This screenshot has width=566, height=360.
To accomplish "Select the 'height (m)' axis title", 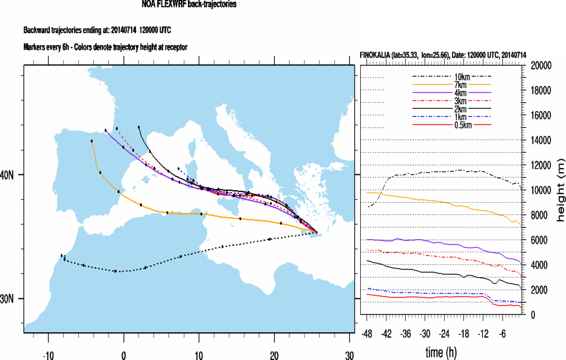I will pos(560,190).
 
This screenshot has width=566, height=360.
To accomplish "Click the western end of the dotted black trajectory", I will pos(61,255).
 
